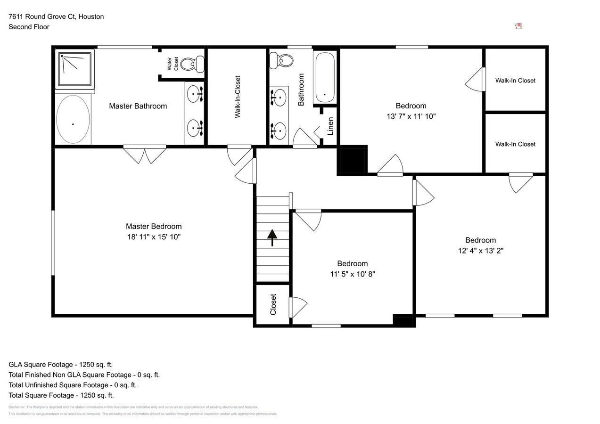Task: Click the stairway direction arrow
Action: pos(272,237)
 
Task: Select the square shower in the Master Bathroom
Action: pos(74,69)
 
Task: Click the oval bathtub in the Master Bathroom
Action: pos(73,119)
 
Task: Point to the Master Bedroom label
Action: pos(153,226)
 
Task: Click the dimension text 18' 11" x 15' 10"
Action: pos(153,237)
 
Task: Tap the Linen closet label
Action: pos(330,126)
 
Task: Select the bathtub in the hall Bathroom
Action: pos(324,77)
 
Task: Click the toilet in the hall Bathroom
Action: pos(281,59)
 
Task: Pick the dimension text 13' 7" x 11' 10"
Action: pos(411,116)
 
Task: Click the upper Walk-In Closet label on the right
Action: pos(515,81)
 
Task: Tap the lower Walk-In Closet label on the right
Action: pos(515,144)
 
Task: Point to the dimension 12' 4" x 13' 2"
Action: pos(480,251)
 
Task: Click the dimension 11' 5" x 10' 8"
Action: pos(352,274)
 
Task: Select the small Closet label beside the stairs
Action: pos(273,305)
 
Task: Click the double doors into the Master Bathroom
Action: pos(145,154)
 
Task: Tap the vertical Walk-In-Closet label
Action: pos(238,97)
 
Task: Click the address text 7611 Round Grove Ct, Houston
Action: pos(56,16)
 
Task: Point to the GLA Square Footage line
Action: pos(60,365)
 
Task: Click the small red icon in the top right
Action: pos(518,26)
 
